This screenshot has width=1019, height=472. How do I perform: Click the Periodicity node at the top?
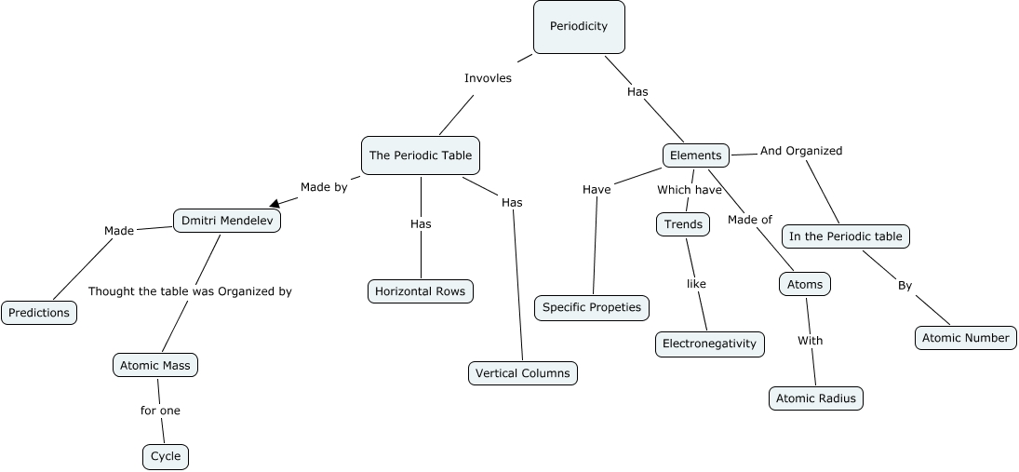tap(578, 26)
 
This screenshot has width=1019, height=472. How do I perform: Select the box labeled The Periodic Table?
tap(421, 155)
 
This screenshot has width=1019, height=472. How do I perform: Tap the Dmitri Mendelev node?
tap(227, 221)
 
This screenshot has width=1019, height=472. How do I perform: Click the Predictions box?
tap(39, 313)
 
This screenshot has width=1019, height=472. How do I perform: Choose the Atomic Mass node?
tap(155, 365)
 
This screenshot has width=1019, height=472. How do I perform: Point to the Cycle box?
tap(166, 457)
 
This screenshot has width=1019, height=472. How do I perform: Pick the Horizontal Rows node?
tap(421, 291)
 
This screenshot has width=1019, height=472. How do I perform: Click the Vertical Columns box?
tap(522, 373)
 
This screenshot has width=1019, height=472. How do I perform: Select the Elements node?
tap(695, 155)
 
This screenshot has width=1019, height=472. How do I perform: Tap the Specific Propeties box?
tap(592, 307)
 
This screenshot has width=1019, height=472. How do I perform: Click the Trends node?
tap(683, 224)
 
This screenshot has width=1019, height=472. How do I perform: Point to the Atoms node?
tap(804, 284)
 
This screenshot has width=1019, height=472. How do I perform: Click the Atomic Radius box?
tap(816, 398)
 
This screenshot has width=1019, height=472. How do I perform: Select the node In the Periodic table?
tap(845, 236)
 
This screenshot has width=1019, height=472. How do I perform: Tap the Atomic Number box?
tap(966, 337)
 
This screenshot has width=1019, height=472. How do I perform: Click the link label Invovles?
tap(488, 78)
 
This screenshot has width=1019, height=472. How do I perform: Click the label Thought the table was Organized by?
tap(190, 291)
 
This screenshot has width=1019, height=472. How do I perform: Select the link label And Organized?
tap(800, 150)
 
